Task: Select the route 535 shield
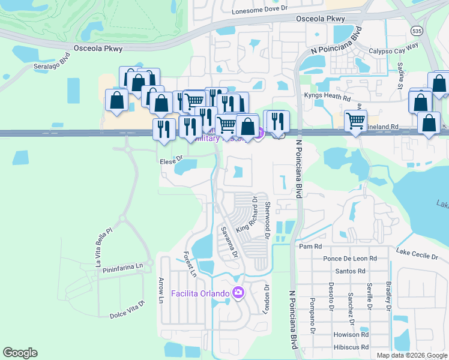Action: [416, 30]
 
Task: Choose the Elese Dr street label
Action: [171, 161]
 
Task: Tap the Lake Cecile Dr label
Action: [417, 254]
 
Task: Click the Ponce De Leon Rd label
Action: [349, 259]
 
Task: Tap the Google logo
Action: [20, 353]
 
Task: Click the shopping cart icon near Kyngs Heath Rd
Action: [355, 120]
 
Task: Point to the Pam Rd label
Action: [310, 247]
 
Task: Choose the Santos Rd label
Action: [351, 271]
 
